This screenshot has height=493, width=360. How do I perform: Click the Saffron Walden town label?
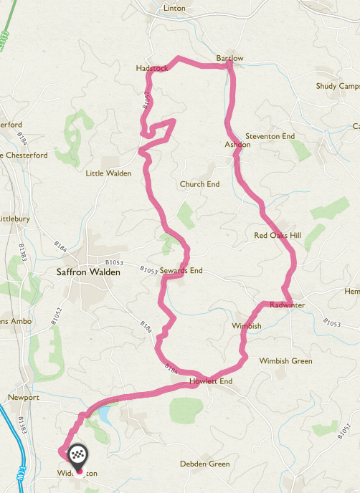point(89,272)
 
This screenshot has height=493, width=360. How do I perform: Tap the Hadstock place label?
point(151,68)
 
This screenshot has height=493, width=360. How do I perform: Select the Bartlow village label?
point(229,58)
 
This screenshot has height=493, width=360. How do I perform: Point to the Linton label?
point(174,8)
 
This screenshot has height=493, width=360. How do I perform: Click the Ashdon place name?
point(237,144)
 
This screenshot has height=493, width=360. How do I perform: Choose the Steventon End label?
point(270,135)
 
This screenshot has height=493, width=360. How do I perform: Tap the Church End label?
point(199,184)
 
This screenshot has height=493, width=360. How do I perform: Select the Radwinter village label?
point(288,305)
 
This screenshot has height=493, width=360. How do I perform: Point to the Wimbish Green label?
point(285,361)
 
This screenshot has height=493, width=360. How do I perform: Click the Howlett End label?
point(211,381)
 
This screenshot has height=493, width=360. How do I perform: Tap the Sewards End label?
point(181,271)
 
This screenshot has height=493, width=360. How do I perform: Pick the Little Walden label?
point(108,173)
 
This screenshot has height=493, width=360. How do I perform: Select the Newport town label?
point(23,397)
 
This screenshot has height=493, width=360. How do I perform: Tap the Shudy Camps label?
point(336,86)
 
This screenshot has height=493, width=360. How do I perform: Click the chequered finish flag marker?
point(77,455)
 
